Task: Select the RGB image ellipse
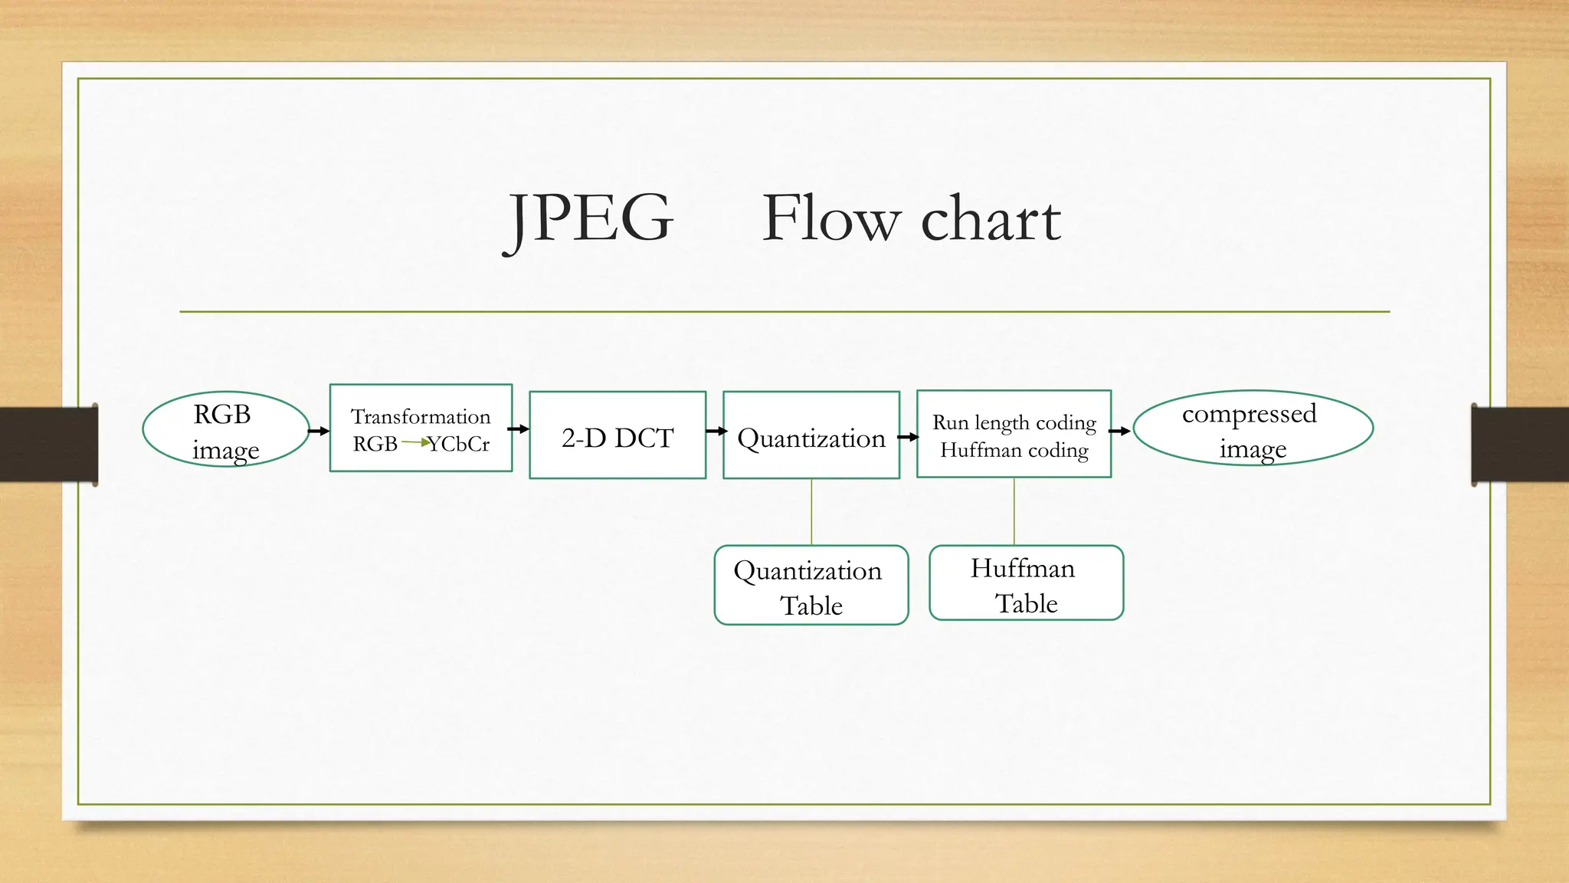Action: click(225, 429)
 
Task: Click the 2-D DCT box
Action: click(617, 435)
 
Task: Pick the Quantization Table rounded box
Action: click(811, 586)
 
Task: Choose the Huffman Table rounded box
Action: click(1026, 583)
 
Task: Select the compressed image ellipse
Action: click(1253, 428)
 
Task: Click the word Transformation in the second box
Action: click(421, 416)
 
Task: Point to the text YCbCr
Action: click(459, 445)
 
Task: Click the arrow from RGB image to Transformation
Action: click(318, 432)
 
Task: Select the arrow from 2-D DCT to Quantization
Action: click(716, 432)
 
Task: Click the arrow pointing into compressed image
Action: click(1119, 432)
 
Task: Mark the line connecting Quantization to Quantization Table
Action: click(811, 511)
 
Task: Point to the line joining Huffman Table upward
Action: click(1014, 511)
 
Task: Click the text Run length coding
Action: click(1014, 422)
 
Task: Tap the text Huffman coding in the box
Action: click(1014, 450)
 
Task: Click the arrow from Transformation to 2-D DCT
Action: click(519, 429)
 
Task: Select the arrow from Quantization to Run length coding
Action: click(908, 437)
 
